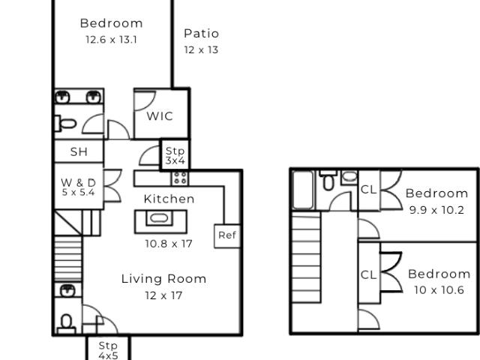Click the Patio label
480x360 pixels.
tap(202, 34)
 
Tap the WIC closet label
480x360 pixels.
tap(160, 116)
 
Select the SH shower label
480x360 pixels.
tap(79, 151)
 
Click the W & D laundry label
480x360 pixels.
tap(78, 183)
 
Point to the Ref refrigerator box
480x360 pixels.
tap(227, 236)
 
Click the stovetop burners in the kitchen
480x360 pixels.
tap(180, 178)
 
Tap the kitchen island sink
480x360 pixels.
tap(159, 218)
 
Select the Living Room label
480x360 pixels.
tap(163, 279)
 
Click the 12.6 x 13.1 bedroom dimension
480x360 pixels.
tap(111, 40)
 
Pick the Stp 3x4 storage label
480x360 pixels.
tap(175, 155)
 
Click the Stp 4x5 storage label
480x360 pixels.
tap(108, 350)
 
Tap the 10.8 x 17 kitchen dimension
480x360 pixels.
tap(169, 244)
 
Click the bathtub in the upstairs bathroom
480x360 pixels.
tap(303, 190)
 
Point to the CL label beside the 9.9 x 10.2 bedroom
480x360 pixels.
tap(368, 190)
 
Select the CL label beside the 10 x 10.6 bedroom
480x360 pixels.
tap(368, 275)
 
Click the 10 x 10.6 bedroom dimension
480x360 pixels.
tap(439, 290)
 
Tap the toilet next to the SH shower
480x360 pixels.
tap(65, 124)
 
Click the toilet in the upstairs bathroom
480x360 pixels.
tap(328, 181)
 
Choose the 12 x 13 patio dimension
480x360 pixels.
tap(201, 50)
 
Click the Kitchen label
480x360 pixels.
tap(169, 199)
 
